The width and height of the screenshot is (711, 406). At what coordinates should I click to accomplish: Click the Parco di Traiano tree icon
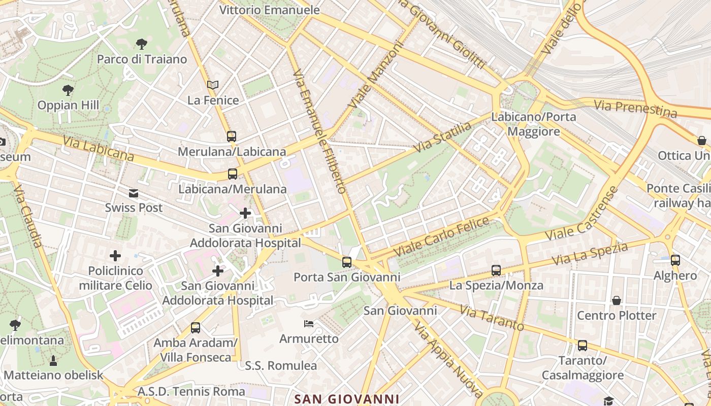point(142,44)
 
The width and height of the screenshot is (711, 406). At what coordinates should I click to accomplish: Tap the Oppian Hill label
point(68,105)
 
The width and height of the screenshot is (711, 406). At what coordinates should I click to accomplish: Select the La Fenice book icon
point(213,85)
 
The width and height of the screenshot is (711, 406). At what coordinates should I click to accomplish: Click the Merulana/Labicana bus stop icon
point(232,136)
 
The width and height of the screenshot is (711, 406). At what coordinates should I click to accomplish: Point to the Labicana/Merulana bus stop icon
point(233,174)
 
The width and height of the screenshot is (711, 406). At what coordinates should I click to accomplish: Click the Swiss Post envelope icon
point(134,193)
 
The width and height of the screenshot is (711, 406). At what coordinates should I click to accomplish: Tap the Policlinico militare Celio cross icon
point(116,255)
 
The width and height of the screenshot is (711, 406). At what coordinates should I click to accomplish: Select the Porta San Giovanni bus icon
point(347,262)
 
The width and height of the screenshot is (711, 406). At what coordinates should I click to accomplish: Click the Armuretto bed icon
point(309,324)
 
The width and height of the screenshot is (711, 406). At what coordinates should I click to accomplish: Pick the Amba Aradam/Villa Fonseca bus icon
point(196,328)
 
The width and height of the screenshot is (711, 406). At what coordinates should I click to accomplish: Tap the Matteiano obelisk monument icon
point(53,361)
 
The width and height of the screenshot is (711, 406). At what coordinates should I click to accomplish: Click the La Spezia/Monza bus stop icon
point(496,270)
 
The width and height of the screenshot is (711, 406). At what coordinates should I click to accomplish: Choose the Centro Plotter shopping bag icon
point(617,300)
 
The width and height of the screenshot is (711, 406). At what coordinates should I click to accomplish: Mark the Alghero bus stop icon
point(675,260)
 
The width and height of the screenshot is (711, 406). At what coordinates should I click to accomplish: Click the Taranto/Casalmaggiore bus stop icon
point(583,346)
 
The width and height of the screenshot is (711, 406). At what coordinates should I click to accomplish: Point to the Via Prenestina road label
point(635,109)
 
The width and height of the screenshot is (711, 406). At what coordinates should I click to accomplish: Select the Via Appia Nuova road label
point(448,359)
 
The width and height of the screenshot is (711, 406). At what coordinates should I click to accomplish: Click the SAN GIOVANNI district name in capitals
point(347,399)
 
